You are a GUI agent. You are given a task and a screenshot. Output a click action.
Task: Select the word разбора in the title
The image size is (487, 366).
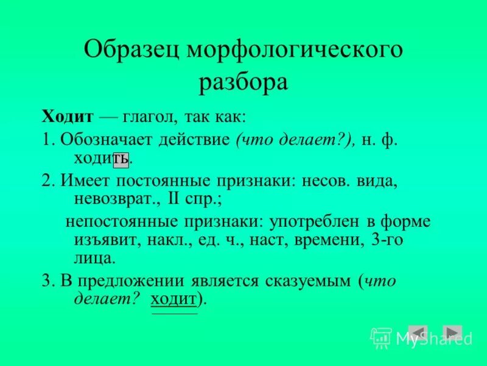(x=243, y=82)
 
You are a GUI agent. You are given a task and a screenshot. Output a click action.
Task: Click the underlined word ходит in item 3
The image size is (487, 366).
(x=174, y=300)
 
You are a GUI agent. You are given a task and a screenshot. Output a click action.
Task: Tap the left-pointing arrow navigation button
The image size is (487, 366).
(x=418, y=333)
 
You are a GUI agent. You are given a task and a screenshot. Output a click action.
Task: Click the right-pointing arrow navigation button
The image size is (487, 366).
(x=452, y=333)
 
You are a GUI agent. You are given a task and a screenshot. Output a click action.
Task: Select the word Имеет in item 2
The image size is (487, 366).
(x=83, y=181)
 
